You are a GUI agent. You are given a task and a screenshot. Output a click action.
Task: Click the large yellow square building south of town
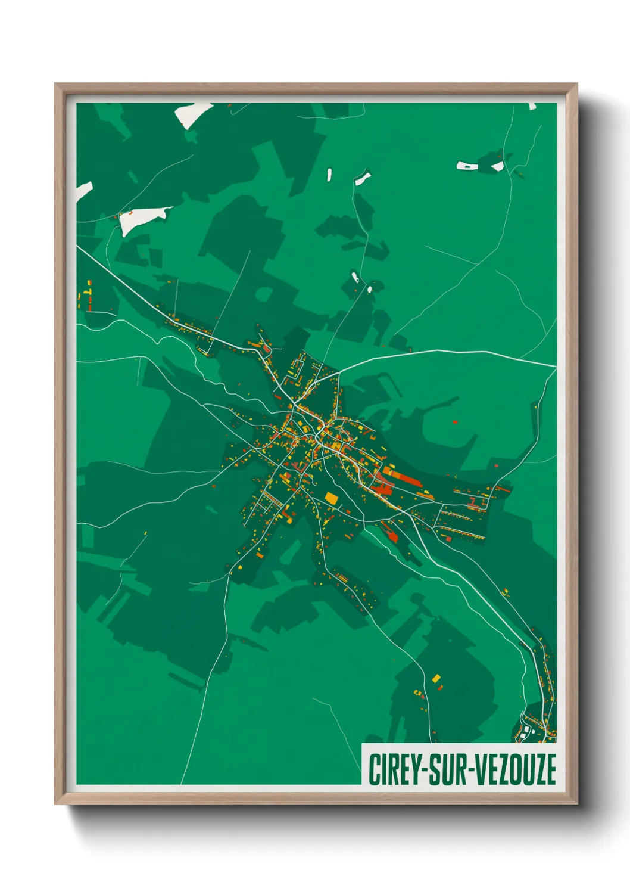331,498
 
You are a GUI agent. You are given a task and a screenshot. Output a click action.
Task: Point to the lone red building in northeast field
454,422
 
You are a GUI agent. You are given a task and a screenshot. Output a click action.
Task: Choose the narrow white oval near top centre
329,175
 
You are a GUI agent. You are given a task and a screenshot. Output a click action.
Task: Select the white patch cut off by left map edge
83,191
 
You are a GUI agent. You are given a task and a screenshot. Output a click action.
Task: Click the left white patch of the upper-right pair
467,165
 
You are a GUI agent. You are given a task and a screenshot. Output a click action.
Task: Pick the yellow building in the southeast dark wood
436,678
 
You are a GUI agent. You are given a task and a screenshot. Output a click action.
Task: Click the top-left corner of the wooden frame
55,84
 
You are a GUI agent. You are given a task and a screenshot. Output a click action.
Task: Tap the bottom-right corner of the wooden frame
577,804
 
